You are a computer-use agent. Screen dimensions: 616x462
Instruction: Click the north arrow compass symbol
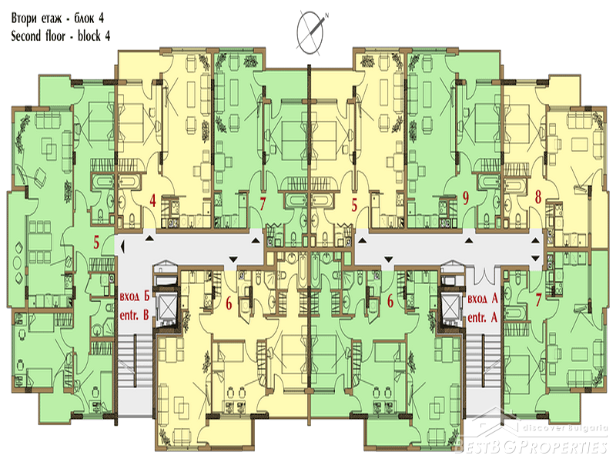click(311, 32)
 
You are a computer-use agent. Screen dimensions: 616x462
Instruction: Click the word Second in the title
click(26, 36)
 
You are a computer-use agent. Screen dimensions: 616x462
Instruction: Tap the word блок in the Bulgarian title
click(83, 18)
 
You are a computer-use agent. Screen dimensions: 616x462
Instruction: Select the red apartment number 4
click(152, 201)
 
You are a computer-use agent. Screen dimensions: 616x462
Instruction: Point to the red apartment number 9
click(466, 198)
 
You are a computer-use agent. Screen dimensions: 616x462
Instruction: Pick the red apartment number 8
click(538, 197)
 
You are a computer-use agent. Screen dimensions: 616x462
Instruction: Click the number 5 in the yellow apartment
click(354, 205)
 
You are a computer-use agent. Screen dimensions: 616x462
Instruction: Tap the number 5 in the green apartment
click(96, 243)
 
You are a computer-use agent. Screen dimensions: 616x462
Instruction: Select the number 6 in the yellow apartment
click(229, 303)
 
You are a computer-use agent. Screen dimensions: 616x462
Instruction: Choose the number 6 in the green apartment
click(390, 301)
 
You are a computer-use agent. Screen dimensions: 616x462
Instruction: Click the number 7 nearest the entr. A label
click(538, 300)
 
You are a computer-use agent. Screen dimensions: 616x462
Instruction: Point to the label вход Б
click(135, 296)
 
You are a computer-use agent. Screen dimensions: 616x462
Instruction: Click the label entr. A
click(483, 317)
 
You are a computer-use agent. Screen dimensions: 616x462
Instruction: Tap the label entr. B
click(134, 315)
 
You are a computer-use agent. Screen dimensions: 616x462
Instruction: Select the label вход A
click(483, 298)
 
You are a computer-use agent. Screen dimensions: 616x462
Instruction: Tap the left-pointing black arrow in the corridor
click(122, 246)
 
